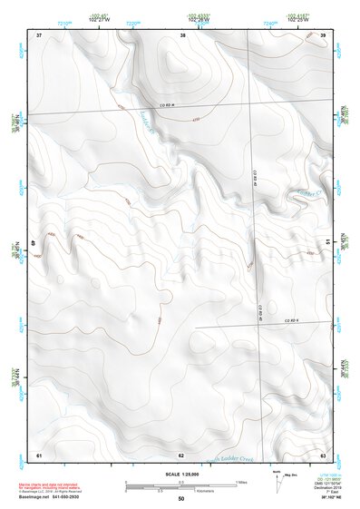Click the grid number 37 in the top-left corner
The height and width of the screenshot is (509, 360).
tap(39, 34)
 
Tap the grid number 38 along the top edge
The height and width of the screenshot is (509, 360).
tap(182, 34)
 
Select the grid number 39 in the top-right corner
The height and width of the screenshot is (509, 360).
tap(324, 34)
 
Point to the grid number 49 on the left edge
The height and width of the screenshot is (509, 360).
tap(36, 242)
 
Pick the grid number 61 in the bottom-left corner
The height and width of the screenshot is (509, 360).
tap(39, 454)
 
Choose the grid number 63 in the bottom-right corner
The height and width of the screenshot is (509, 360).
tap(324, 454)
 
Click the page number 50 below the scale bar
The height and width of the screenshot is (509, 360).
tap(181, 498)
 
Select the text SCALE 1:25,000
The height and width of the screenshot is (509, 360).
tap(180, 474)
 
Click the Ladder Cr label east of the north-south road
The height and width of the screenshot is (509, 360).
tap(300, 192)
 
